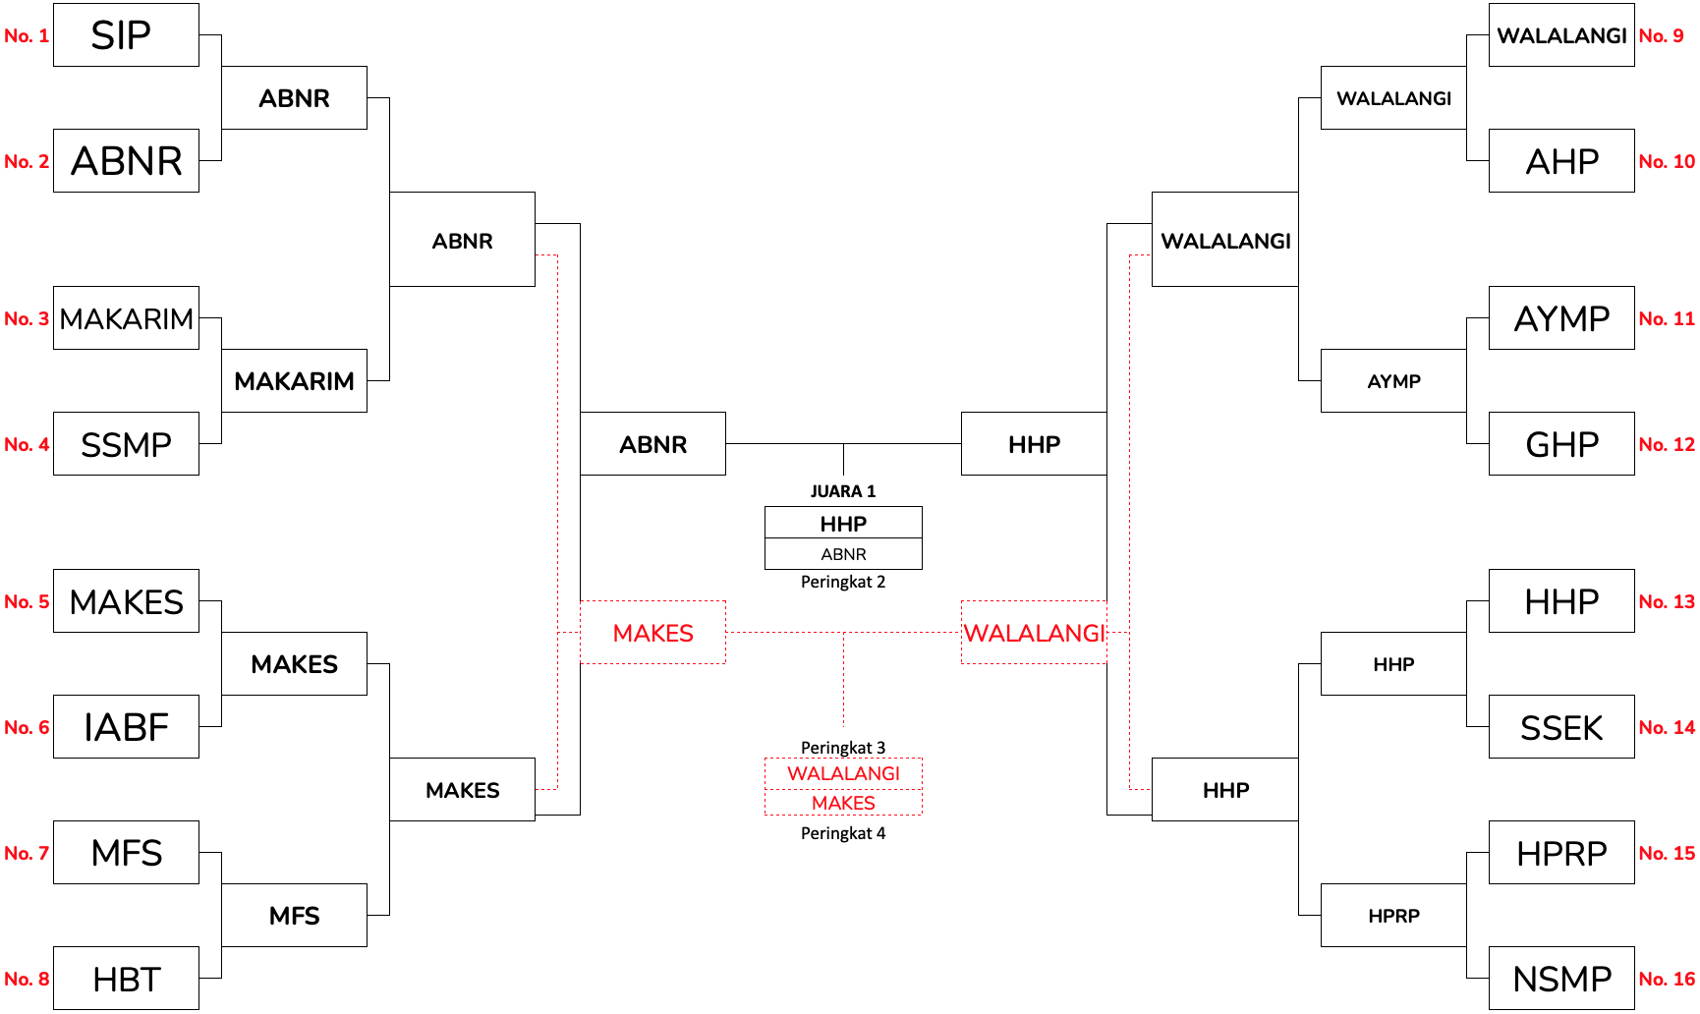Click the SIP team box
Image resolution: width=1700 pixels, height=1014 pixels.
tap(126, 35)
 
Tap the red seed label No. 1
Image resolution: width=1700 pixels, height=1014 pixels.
tap(27, 36)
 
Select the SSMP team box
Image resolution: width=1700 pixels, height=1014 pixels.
tap(126, 444)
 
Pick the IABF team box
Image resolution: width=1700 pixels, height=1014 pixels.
tap(126, 727)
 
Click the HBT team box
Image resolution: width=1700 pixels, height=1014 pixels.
tap(126, 979)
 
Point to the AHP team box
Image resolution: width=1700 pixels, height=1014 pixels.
tap(1561, 161)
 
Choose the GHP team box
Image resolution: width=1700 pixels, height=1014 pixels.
tap(1561, 444)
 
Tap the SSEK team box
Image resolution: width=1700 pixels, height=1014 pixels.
tap(1561, 727)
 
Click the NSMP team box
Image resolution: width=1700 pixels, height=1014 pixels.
tap(1561, 979)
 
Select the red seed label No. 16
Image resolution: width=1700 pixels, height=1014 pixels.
tap(1667, 980)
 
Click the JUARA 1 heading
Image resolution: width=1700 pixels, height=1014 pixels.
tap(843, 491)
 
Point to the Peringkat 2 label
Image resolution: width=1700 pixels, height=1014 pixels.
tap(843, 582)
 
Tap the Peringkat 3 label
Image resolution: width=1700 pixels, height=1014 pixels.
tap(843, 748)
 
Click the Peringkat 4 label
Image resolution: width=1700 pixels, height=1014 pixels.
tap(843, 833)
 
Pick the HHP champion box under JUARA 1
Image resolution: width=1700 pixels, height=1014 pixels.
tap(843, 523)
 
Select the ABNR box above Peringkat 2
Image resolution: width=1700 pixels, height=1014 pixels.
tap(843, 554)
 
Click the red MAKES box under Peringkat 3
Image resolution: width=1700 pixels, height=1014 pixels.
tap(843, 803)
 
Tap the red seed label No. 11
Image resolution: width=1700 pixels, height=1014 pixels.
tap(1667, 319)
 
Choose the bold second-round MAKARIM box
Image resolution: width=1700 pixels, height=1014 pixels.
tap(294, 381)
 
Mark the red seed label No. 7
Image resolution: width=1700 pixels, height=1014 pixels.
tap(27, 854)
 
